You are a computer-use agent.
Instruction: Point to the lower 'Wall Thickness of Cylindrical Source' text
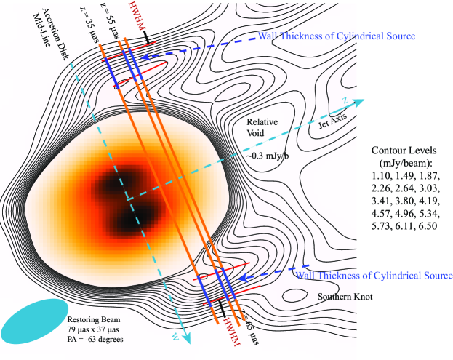pyautogui.click(x=374, y=276)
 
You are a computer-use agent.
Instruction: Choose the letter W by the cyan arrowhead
pyautogui.click(x=175, y=335)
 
